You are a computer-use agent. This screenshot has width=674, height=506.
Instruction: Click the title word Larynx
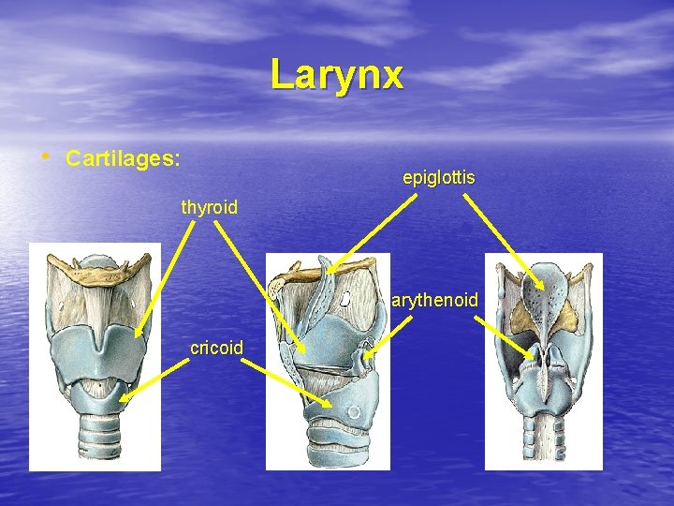tap(337, 74)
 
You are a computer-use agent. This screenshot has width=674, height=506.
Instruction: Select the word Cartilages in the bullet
tap(123, 157)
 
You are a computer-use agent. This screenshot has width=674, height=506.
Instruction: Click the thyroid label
tap(210, 207)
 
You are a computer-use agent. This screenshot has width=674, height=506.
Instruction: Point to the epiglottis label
tap(439, 177)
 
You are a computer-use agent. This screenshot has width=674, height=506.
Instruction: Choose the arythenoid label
tap(435, 301)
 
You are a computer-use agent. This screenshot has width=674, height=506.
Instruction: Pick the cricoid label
tap(216, 348)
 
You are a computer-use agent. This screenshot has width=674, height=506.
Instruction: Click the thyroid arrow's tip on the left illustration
tap(136, 335)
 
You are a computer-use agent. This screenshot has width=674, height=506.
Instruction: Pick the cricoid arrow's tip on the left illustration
tap(120, 401)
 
